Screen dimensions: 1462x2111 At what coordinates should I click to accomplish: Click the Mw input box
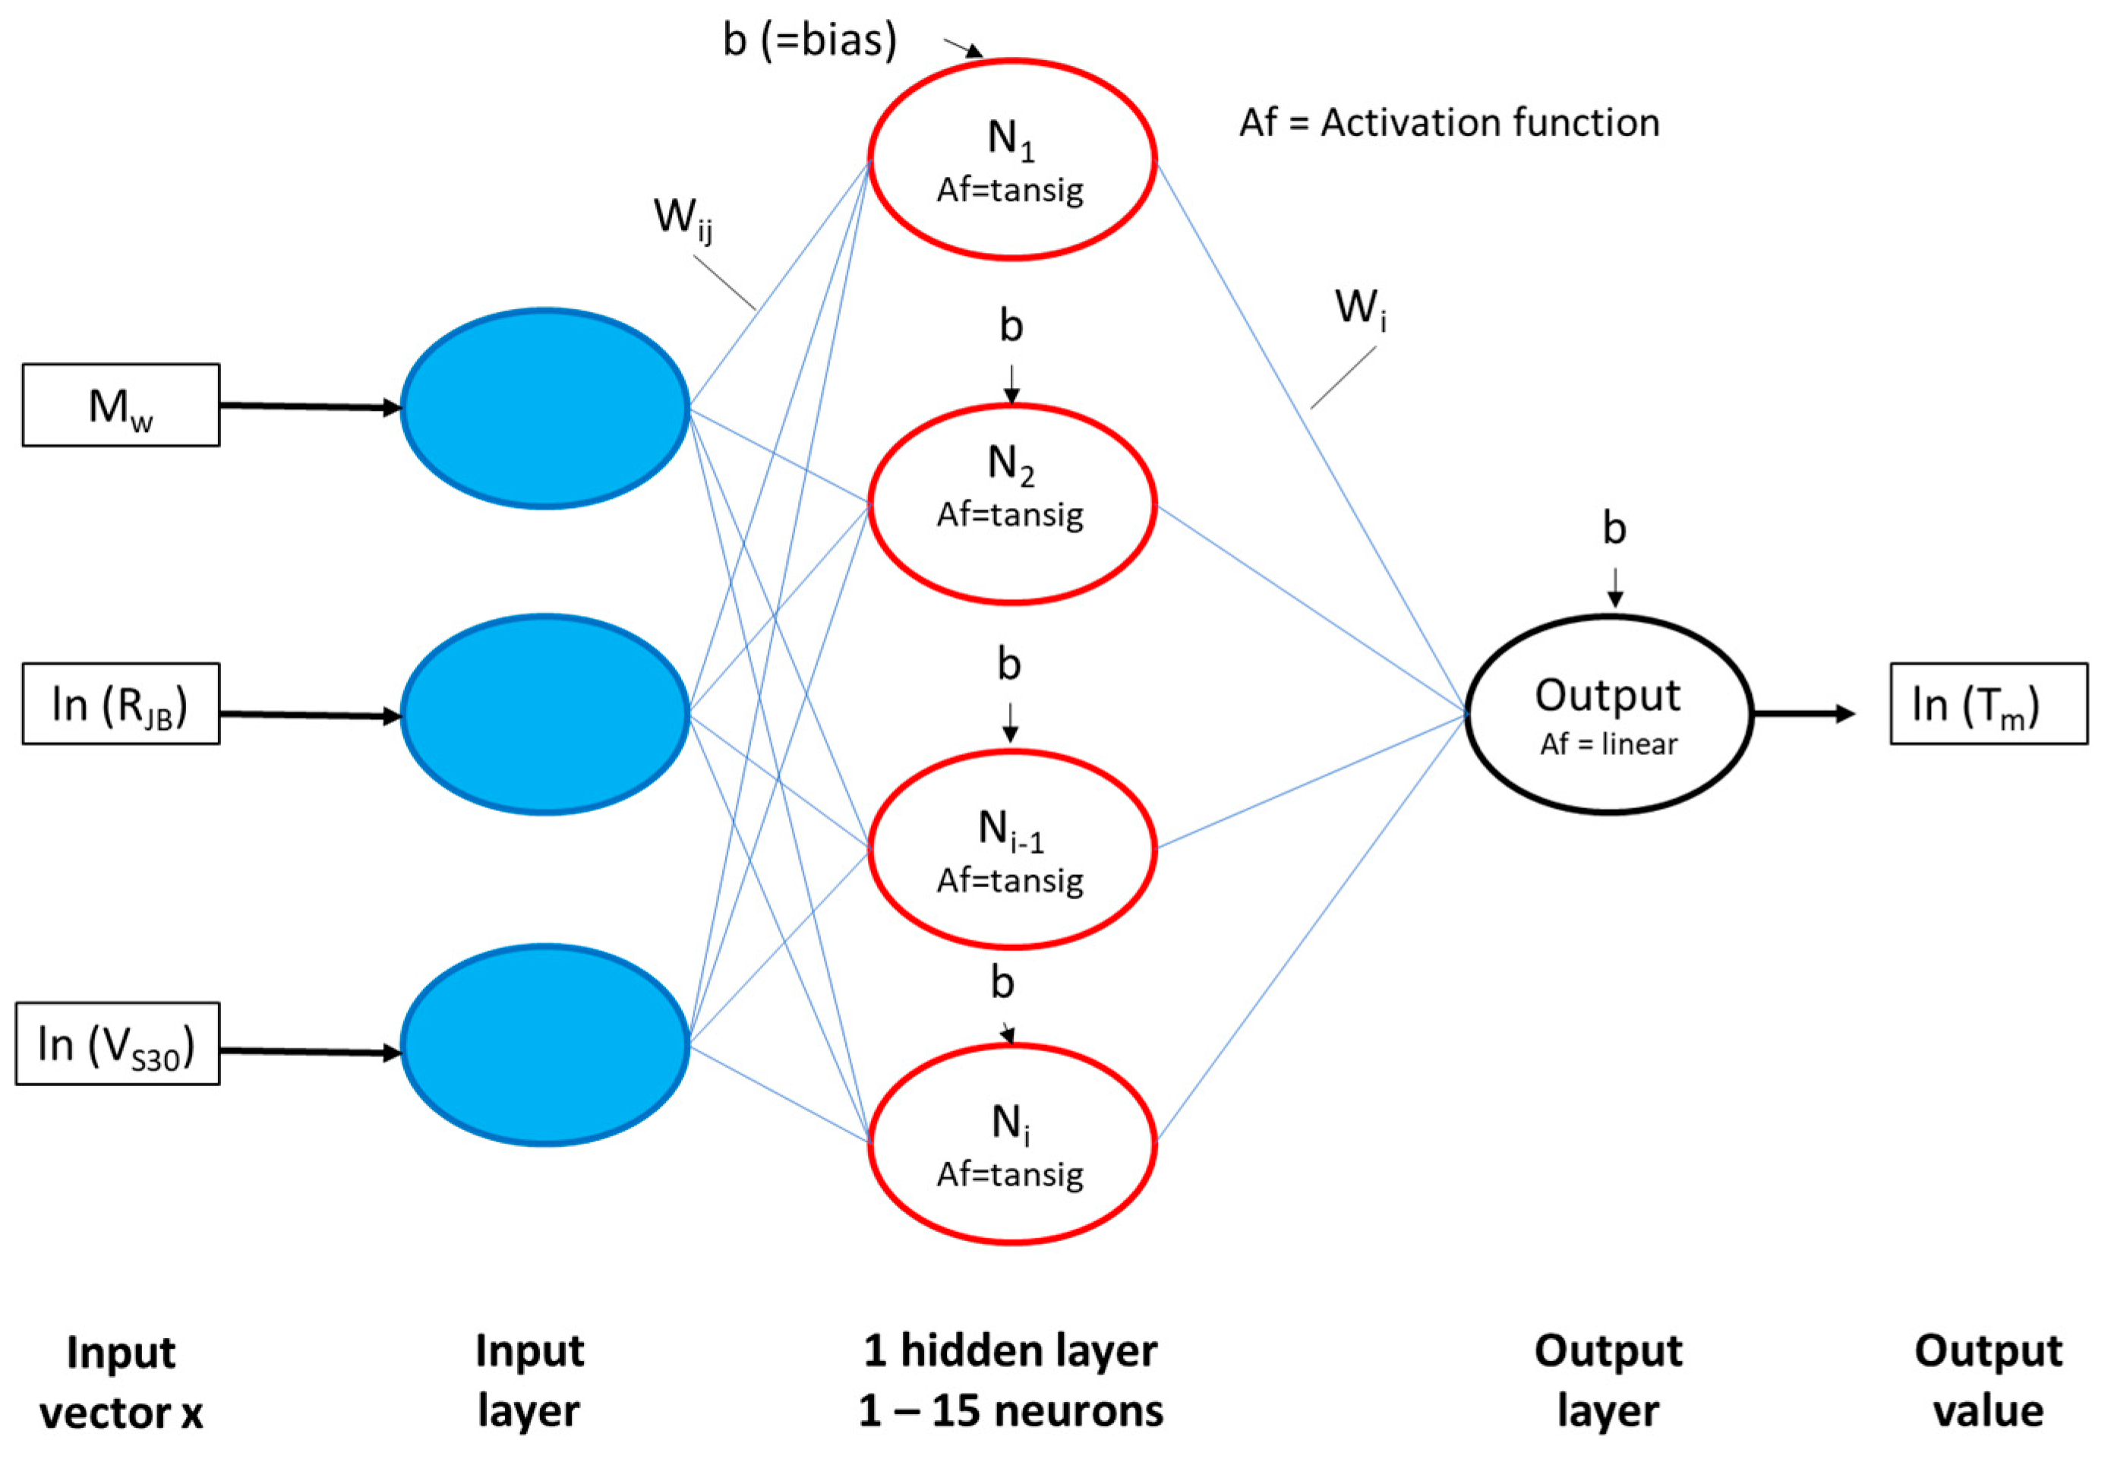121,406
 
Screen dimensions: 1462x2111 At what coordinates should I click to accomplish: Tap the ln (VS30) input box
117,1044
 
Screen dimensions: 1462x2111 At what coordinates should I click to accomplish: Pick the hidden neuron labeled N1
1012,160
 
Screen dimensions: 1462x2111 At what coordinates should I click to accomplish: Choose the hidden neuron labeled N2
1012,504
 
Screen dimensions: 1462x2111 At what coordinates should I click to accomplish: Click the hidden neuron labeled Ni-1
1012,848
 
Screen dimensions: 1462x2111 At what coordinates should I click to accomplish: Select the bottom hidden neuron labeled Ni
1012,1144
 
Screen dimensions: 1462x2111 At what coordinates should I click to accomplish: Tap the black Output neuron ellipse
1608,715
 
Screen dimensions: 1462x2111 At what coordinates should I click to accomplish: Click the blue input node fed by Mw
545,408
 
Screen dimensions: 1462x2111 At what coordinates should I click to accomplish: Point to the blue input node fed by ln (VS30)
545,1045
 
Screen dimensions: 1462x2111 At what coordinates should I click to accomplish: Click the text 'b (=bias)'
809,40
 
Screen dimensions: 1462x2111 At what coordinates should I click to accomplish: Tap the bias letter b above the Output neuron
1614,529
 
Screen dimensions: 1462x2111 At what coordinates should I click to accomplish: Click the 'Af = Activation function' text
1449,123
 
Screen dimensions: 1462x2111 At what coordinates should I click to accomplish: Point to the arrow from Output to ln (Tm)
1803,714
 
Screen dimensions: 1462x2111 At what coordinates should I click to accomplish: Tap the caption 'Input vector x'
121,1382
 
